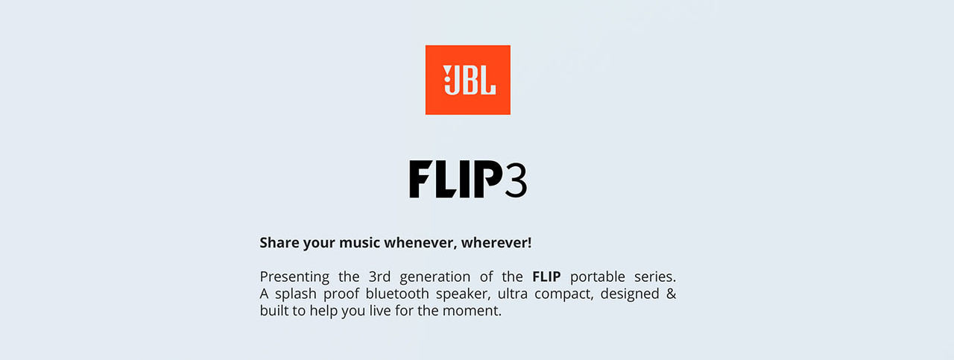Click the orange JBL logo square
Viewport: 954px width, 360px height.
point(467,80)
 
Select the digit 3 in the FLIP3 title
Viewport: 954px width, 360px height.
point(515,180)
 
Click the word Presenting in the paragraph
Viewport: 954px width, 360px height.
point(294,277)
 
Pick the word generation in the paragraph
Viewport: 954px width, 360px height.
point(435,277)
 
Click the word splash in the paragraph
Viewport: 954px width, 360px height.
point(297,294)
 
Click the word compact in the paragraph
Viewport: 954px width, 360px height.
point(546,294)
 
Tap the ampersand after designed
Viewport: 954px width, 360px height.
point(671,294)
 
